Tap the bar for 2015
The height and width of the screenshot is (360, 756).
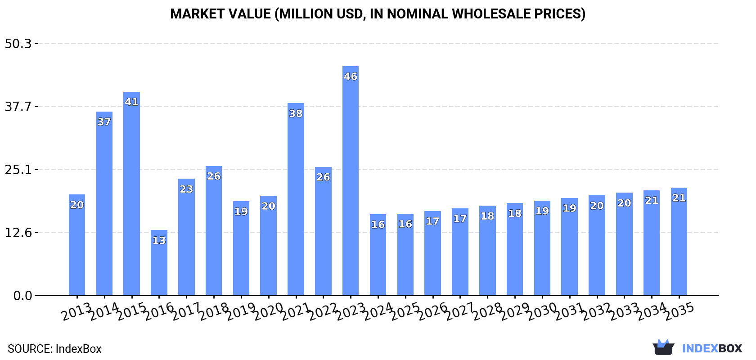(x=131, y=193)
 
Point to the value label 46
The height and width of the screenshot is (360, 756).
(x=351, y=76)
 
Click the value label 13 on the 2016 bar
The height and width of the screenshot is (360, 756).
(x=159, y=240)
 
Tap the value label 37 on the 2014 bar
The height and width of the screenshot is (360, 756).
(x=104, y=122)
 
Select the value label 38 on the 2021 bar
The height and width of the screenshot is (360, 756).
(x=296, y=113)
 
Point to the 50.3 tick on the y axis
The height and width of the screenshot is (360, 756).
(x=18, y=44)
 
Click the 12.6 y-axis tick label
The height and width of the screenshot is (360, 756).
(x=18, y=233)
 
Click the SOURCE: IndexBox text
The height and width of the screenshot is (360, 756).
(x=54, y=349)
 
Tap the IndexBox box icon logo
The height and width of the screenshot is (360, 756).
(x=663, y=347)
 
